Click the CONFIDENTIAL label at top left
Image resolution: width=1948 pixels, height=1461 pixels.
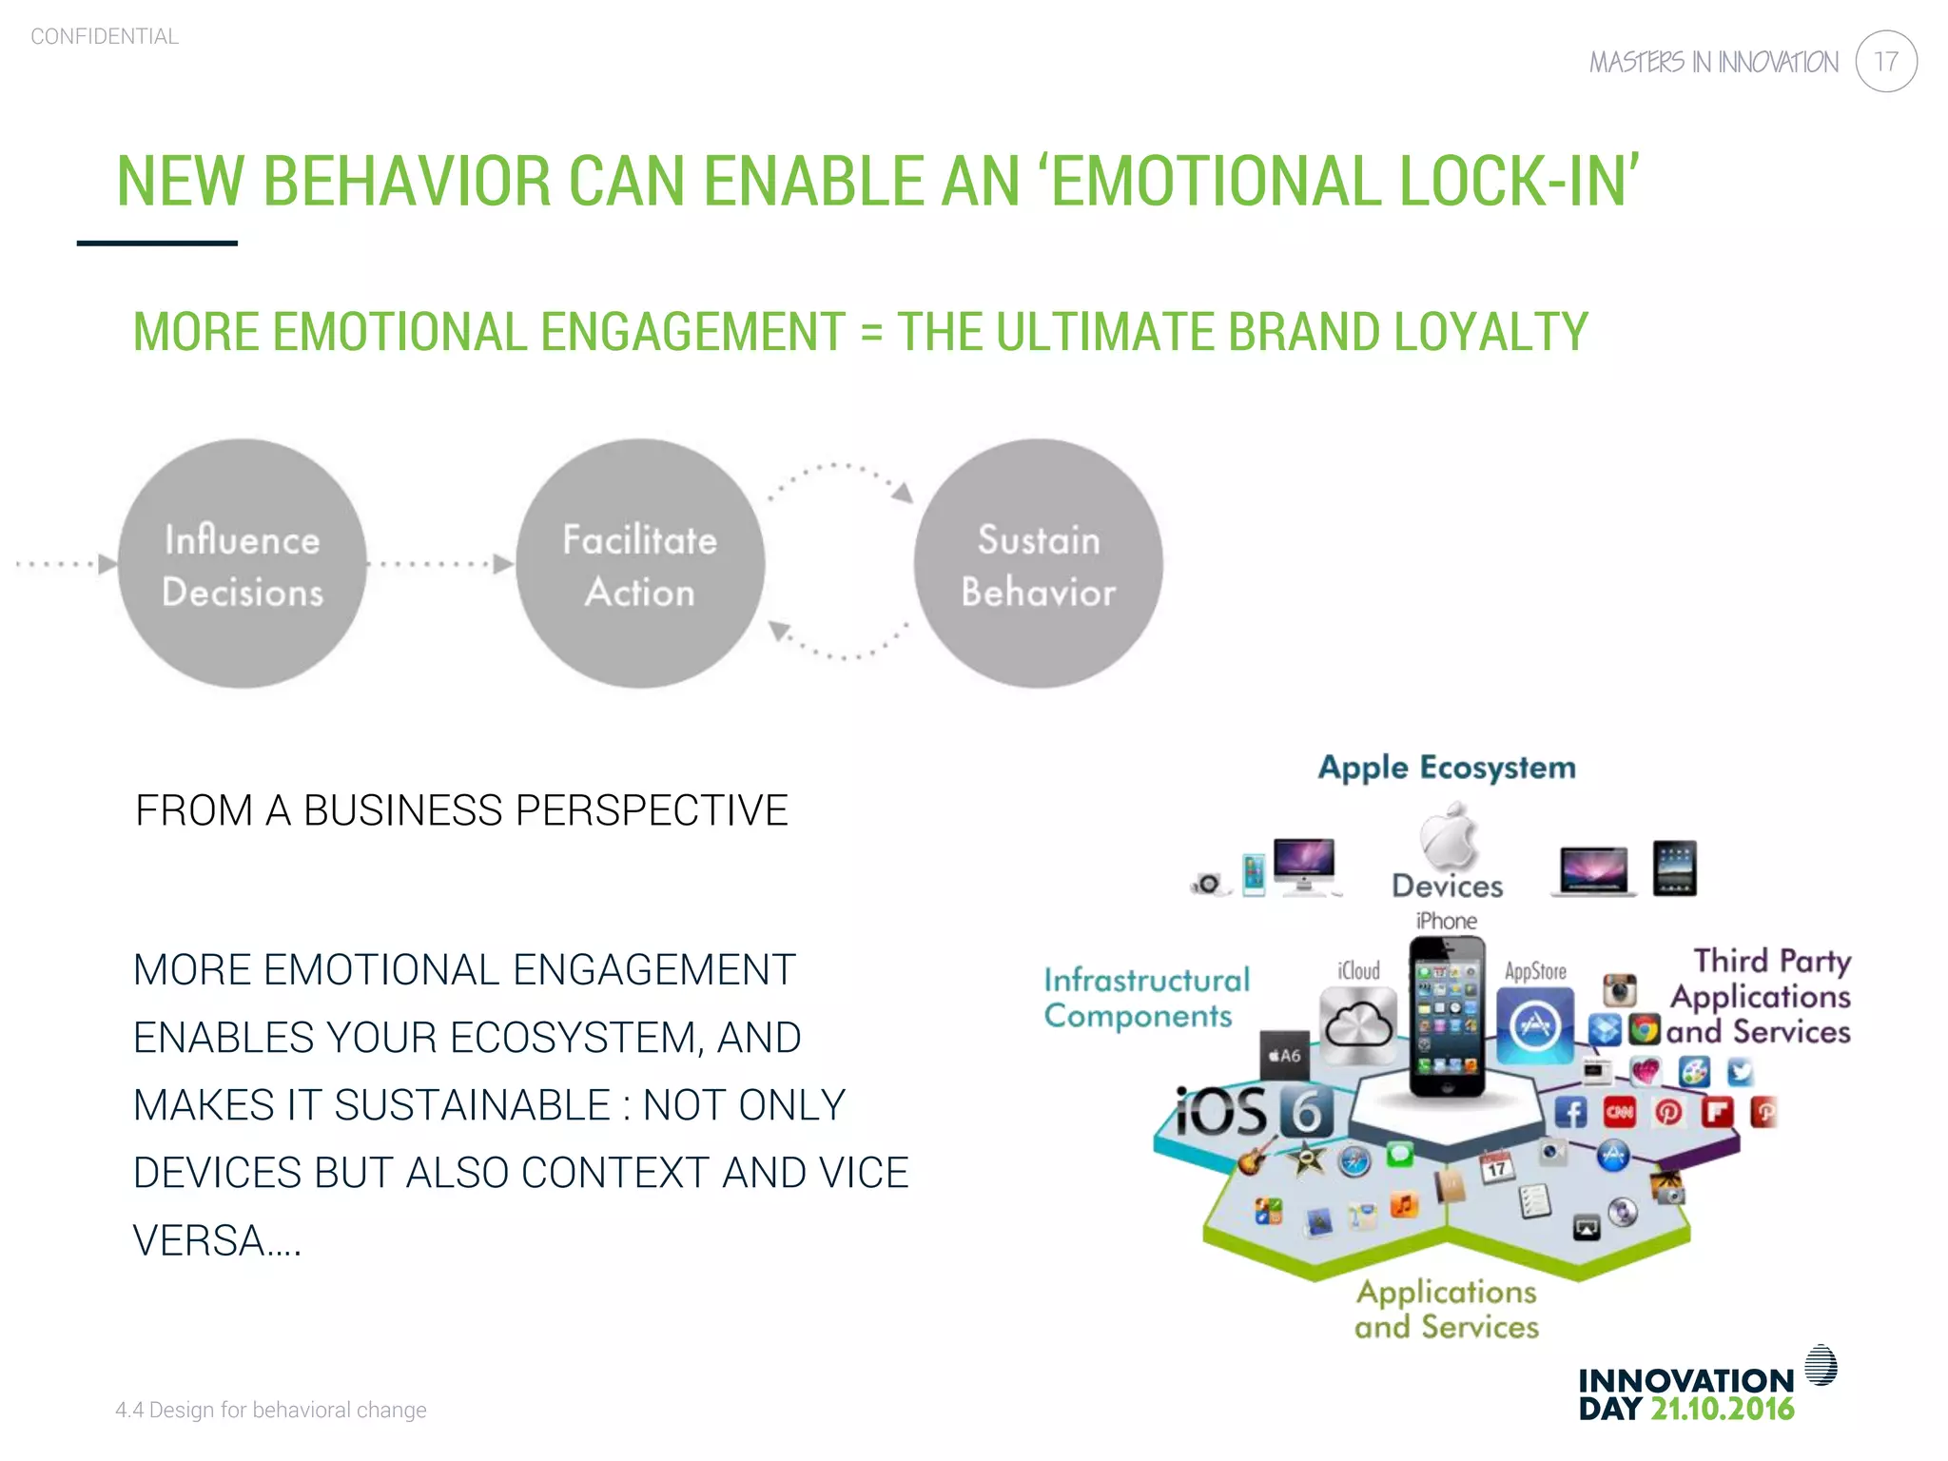point(105,36)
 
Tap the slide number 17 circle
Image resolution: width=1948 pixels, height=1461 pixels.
point(1885,62)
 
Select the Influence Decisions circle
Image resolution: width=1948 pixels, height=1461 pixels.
point(243,564)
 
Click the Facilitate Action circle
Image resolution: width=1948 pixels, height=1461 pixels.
point(640,564)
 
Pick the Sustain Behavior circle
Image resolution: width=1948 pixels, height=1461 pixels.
point(1038,564)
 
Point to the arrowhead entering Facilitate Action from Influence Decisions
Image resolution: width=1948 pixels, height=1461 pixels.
point(503,564)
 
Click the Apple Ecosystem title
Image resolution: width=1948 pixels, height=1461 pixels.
point(1446,767)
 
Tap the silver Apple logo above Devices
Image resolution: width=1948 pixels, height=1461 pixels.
point(1449,836)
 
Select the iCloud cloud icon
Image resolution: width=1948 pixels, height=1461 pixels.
point(1358,1025)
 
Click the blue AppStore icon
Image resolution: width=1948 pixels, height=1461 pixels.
point(1534,1025)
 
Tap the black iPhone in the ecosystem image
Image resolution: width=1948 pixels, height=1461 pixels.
point(1446,1016)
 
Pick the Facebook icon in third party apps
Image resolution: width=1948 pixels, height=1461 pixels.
point(1570,1112)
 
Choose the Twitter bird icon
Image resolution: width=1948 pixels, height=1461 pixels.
point(1740,1072)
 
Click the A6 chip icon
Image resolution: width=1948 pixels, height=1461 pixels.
point(1284,1055)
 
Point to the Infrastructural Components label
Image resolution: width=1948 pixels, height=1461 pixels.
point(1145,997)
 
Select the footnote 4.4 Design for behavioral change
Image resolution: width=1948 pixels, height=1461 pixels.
point(271,1410)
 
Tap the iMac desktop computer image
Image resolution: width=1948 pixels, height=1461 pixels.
point(1304,867)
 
